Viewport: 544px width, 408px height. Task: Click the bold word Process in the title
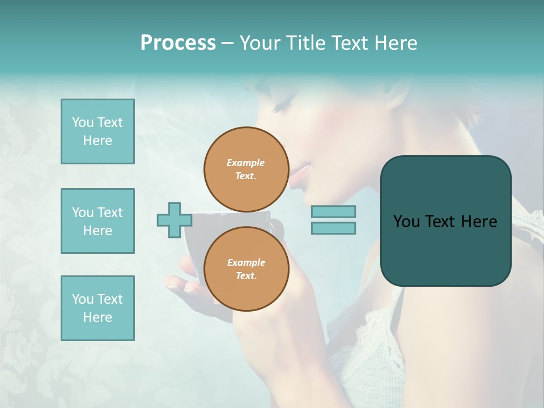tap(178, 43)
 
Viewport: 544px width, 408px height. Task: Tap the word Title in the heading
tap(307, 43)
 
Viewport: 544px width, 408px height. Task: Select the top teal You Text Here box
tap(97, 131)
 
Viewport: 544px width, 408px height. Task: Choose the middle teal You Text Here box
tap(97, 221)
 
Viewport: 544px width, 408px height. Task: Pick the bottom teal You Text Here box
tap(97, 308)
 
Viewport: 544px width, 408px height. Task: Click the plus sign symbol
tap(174, 220)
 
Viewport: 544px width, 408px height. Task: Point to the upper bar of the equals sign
tap(333, 211)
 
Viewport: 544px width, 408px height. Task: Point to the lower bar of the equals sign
tap(333, 228)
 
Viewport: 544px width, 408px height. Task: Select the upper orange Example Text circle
tap(246, 169)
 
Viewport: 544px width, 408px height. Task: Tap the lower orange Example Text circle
tap(246, 269)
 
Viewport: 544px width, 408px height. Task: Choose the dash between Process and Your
tap(227, 43)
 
